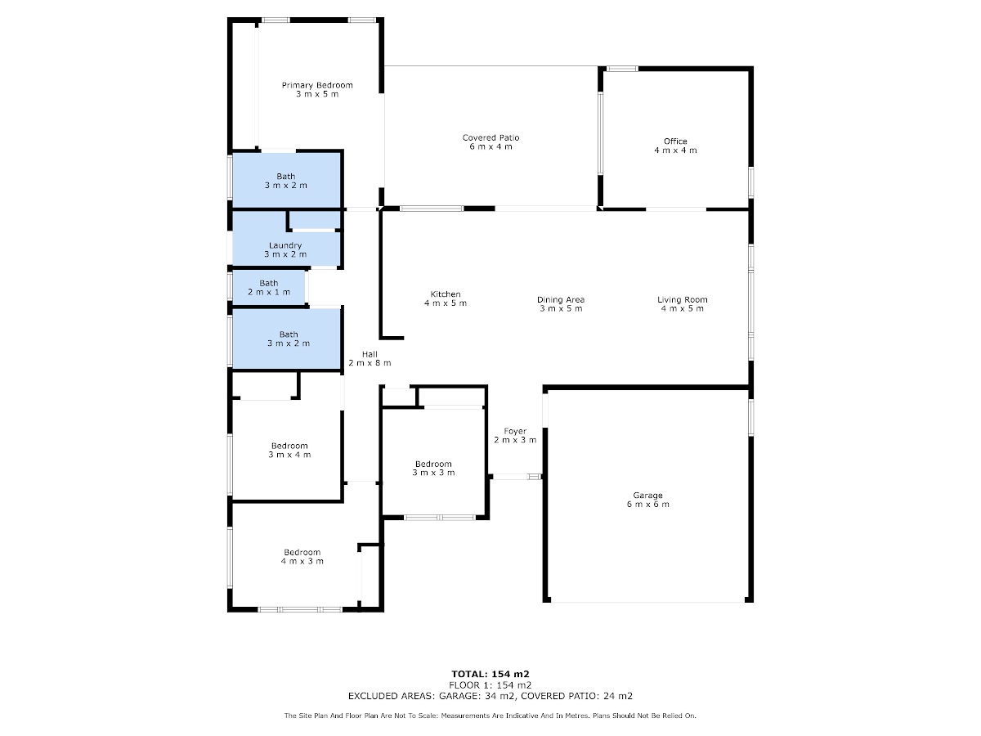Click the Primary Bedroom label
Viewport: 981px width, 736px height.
317,85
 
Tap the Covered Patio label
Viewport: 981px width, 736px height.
490,137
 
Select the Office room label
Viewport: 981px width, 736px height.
675,141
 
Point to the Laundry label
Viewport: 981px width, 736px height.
285,245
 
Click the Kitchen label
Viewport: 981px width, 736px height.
446,294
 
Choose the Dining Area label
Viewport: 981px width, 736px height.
561,299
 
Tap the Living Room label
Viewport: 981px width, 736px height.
682,299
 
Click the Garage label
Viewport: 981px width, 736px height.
647,495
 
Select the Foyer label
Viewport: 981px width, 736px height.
515,431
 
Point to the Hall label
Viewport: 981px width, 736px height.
370,354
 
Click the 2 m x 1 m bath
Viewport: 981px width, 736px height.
269,288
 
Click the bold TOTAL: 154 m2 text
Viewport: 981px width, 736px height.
490,674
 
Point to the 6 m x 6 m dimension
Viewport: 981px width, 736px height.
647,504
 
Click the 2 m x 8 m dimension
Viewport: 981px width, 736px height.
370,363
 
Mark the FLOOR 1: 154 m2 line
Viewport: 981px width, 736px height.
490,685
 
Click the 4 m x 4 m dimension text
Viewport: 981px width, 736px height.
675,150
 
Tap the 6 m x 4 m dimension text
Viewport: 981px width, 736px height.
490,146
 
